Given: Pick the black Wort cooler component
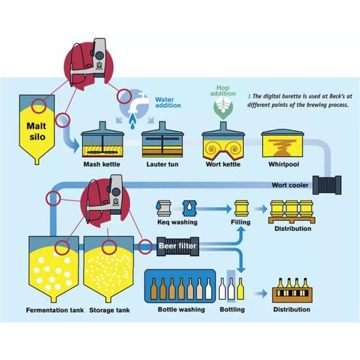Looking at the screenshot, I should pos(328,185).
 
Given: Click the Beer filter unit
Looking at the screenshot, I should pos(178,245).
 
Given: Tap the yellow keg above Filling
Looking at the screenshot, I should pos(241,208).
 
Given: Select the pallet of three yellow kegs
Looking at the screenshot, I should pos(292,209).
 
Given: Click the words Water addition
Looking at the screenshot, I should pos(168,102).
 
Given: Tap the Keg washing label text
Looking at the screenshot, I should pos(176,222).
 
